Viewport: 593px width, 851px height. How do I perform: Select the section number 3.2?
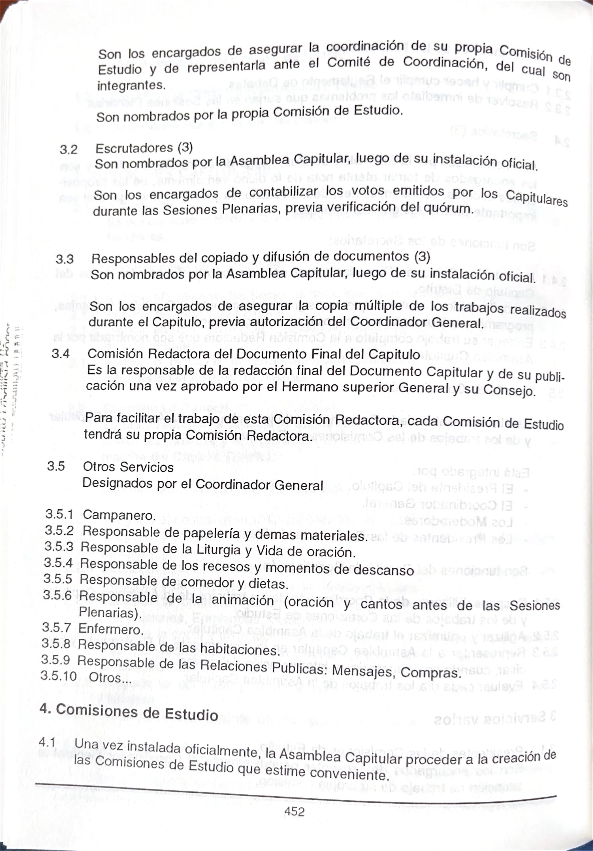click(69, 150)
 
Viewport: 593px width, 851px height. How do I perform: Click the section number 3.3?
click(65, 259)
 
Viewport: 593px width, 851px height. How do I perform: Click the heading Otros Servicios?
click(128, 467)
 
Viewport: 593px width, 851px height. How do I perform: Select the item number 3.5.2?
click(59, 531)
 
